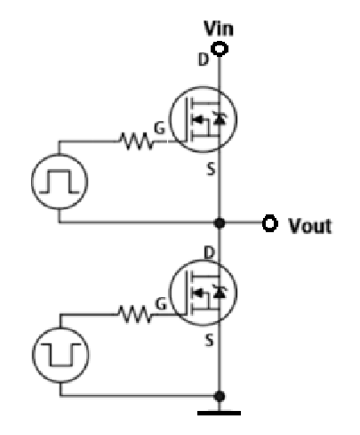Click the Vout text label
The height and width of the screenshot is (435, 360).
point(308,225)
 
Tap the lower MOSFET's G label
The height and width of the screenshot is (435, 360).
point(161,306)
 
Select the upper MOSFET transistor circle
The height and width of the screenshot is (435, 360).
point(200,120)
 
